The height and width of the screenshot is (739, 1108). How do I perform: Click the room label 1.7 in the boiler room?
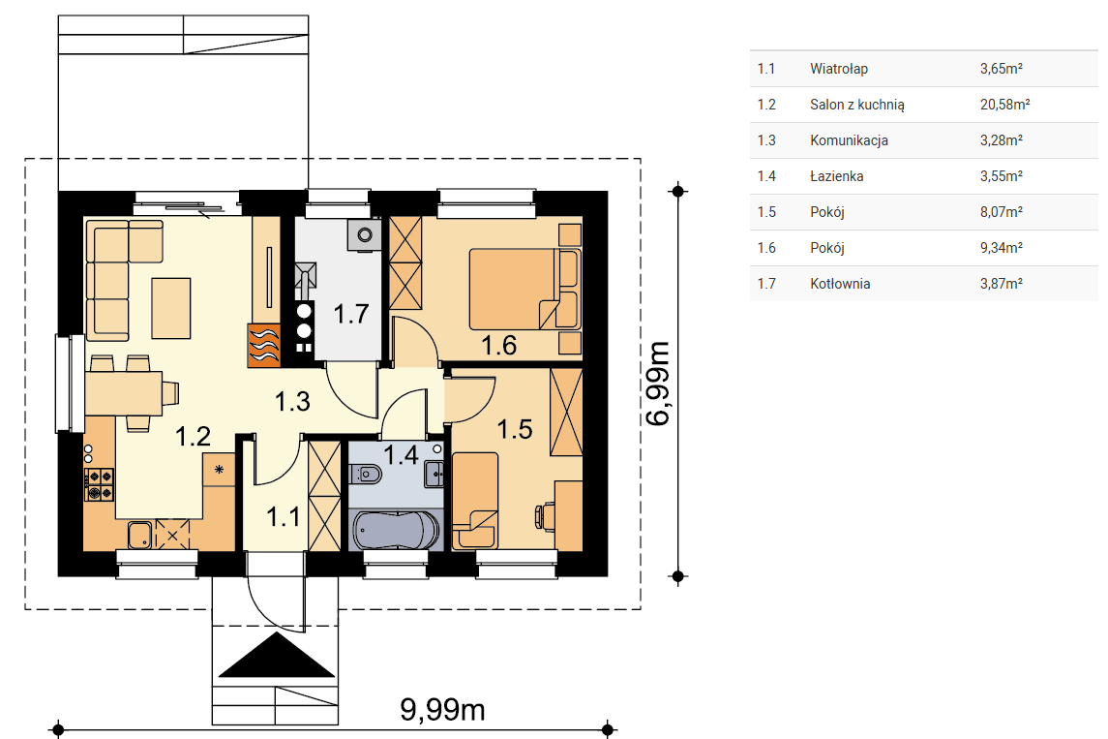pyautogui.click(x=351, y=313)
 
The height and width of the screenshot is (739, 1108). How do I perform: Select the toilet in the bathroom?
pyautogui.click(x=366, y=473)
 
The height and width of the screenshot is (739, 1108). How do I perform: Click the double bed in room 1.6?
pyautogui.click(x=524, y=289)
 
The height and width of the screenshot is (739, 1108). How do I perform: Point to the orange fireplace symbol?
pyautogui.click(x=263, y=345)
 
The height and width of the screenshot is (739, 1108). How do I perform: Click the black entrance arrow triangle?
pyautogui.click(x=276, y=655)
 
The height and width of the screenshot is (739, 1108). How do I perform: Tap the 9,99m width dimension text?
pyautogui.click(x=442, y=709)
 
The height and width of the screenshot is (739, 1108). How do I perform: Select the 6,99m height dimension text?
pyautogui.click(x=658, y=384)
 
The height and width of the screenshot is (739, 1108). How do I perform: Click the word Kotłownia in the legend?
pyautogui.click(x=840, y=284)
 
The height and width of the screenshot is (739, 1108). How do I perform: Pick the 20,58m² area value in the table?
pyautogui.click(x=1004, y=104)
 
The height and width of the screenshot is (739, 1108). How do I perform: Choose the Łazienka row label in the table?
pyautogui.click(x=837, y=176)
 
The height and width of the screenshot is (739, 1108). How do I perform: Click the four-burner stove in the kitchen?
pyautogui.click(x=99, y=484)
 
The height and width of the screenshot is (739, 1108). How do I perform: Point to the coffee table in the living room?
pyautogui.click(x=171, y=308)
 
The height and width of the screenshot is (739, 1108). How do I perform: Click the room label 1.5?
pyautogui.click(x=515, y=429)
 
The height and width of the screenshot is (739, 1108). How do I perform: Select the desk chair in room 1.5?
pyautogui.click(x=544, y=515)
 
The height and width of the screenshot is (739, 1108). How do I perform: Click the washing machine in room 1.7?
pyautogui.click(x=365, y=234)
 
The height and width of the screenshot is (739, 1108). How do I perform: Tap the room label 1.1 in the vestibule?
pyautogui.click(x=284, y=517)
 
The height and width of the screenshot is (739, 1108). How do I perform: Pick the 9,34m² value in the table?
pyautogui.click(x=1001, y=248)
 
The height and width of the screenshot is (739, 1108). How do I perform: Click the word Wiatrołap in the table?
pyautogui.click(x=839, y=69)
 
